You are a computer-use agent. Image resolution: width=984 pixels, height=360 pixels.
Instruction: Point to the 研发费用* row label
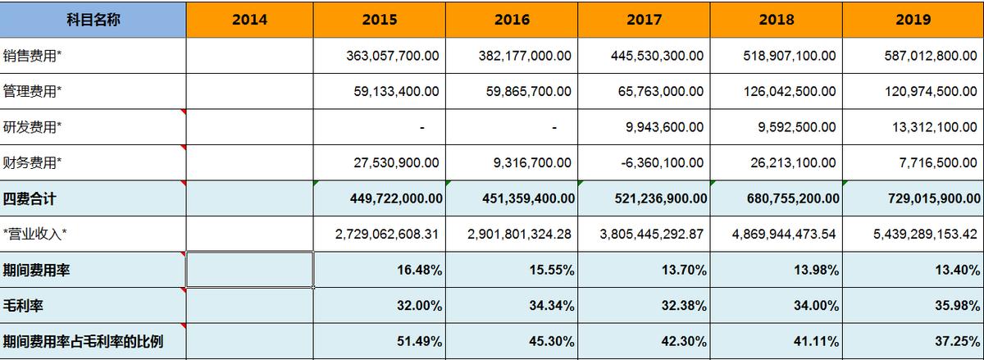click(x=33, y=127)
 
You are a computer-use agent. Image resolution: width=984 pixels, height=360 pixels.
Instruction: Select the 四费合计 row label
click(x=30, y=198)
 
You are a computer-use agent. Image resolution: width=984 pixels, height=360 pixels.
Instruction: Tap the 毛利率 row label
click(x=23, y=306)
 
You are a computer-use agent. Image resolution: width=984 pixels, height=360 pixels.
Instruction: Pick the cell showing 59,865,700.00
click(x=524, y=91)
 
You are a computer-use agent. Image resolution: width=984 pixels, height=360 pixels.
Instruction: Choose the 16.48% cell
click(x=421, y=271)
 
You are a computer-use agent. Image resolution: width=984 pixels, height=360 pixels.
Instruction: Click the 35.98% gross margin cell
click(x=959, y=306)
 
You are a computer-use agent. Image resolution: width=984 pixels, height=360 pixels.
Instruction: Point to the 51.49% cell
click(x=421, y=341)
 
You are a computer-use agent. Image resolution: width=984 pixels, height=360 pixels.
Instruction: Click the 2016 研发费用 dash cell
click(x=554, y=127)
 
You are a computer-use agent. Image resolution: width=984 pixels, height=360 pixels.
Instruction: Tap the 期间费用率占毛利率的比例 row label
click(x=83, y=341)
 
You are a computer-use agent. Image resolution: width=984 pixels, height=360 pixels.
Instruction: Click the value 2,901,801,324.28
click(x=519, y=235)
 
